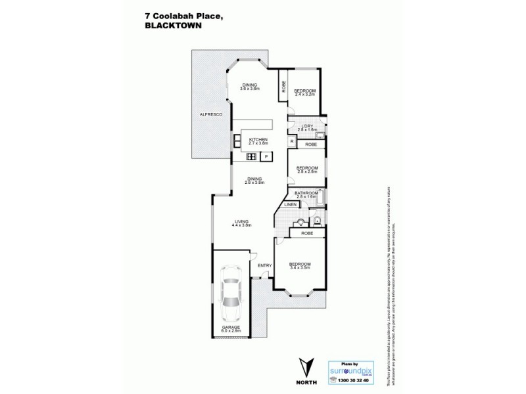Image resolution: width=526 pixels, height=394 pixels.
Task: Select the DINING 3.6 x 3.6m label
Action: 250,86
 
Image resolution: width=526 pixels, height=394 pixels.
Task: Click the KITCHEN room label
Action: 257,141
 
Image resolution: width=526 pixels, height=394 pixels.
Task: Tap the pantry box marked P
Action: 266,156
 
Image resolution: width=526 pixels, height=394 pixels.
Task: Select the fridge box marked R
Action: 291,141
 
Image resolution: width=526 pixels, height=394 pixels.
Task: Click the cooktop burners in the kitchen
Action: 251,156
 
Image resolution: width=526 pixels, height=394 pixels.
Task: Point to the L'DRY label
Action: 306,127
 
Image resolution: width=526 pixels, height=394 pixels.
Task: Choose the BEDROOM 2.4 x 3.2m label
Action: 304,92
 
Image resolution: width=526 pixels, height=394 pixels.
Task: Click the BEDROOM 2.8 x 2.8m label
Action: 306,170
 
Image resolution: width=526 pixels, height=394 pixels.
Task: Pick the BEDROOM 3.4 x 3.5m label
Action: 300,266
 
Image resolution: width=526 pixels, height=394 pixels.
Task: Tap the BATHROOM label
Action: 306,194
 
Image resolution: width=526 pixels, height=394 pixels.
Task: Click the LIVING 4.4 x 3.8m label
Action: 242,223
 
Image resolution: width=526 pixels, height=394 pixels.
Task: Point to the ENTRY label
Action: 264,265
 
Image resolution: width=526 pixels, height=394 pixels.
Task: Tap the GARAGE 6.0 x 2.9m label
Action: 230,328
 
